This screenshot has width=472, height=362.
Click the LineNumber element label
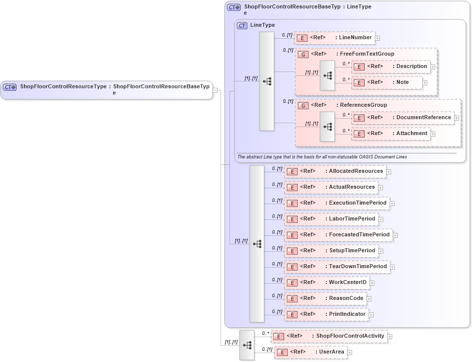[355, 38]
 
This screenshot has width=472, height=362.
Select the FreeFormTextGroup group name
[367, 54]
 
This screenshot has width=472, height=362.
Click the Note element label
[402, 82]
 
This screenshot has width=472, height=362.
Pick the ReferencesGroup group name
[363, 105]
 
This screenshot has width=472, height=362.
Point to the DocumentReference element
[402, 118]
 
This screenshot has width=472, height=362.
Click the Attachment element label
[411, 134]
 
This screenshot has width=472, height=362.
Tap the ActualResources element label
[352, 187]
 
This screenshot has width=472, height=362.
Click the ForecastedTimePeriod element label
[359, 235]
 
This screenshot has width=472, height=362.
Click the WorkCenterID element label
[347, 283]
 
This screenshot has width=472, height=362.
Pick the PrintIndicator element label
[347, 314]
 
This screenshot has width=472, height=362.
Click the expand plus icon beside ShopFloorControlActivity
[390, 337]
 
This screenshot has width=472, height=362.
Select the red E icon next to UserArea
[282, 353]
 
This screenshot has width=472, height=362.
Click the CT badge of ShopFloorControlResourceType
[10, 87]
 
